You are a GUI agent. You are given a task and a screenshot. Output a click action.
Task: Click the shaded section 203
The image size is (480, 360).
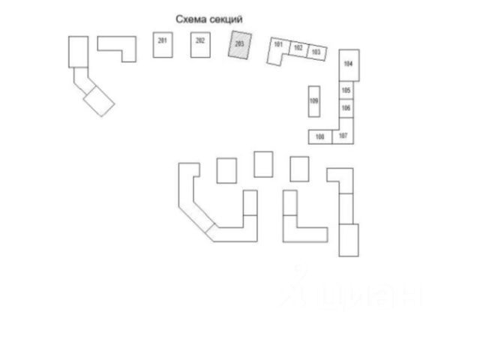point(239,46)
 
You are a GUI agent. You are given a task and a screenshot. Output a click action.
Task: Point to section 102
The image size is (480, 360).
point(298,49)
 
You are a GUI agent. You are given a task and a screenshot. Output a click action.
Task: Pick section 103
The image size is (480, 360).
point(316,52)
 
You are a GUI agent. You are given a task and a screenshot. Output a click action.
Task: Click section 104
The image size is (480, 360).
point(348,64)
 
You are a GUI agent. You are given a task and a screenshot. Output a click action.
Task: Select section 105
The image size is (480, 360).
point(346,91)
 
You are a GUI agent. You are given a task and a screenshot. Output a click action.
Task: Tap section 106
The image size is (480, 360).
point(346,108)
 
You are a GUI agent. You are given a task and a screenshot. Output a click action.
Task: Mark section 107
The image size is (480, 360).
point(343,136)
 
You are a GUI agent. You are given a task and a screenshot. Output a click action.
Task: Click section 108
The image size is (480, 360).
point(320,136)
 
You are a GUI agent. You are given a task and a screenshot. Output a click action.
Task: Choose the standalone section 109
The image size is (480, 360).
point(314,101)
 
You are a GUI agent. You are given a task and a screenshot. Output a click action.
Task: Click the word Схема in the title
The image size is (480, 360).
point(190,18)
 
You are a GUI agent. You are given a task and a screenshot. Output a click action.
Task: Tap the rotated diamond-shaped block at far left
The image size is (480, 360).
point(99,100)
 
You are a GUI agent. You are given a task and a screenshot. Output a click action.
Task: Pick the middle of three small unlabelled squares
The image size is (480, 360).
point(262,164)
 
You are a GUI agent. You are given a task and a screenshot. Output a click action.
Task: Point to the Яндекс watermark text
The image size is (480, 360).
point(352,292)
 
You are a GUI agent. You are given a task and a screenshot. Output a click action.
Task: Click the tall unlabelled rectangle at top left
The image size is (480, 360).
point(79,52)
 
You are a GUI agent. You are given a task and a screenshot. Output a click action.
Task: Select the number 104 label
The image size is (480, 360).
point(348,64)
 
